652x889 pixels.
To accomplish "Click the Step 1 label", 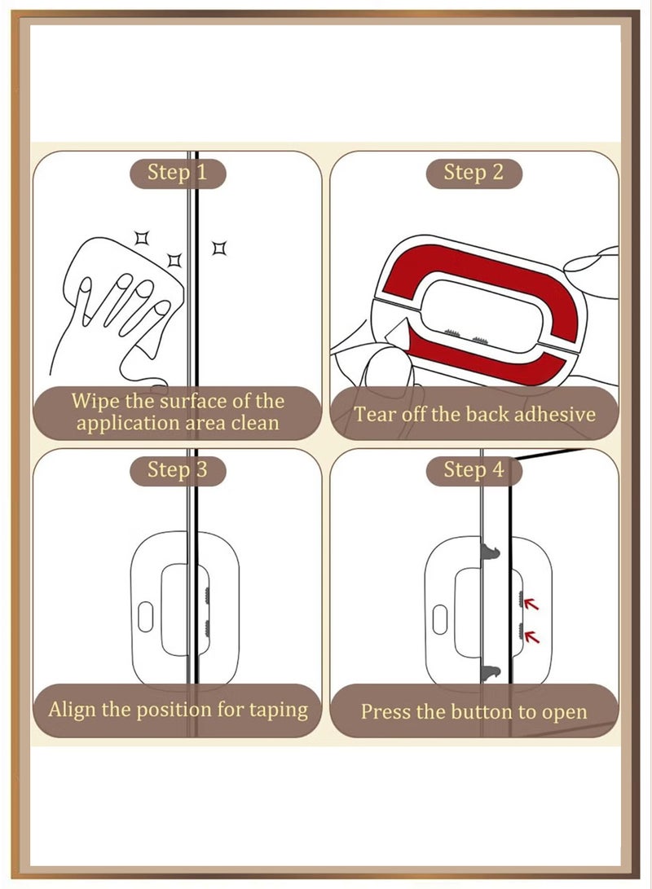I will coord(177,173).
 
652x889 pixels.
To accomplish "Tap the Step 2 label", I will coord(474,173).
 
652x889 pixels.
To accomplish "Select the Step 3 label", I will coord(177,470).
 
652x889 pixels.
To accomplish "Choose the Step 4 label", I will coord(474,470).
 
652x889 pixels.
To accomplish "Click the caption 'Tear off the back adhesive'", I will coord(474,414).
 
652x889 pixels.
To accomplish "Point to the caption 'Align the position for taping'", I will coord(178,709).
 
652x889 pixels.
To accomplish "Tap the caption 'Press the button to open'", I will coord(474,711).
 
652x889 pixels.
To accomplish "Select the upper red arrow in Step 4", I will coord(531,604).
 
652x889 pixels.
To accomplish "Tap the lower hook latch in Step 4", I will coord(490,672).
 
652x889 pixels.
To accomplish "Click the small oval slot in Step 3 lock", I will coord(146,617).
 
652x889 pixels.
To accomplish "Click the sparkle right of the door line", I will coord(218,247).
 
